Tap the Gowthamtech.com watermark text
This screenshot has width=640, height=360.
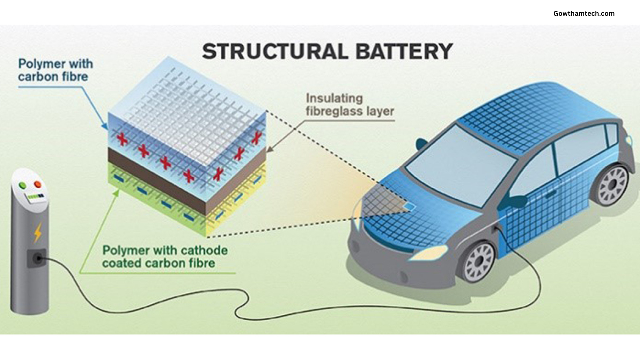coord(584,13)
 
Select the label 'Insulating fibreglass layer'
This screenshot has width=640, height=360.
coord(349,104)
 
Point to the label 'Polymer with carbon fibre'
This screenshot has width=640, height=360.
coord(55,70)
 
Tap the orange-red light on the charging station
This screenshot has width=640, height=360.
coord(37,185)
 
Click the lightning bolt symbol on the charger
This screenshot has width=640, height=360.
coord(38,232)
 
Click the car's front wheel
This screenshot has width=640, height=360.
coord(478,261)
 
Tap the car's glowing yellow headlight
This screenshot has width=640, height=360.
coord(429,252)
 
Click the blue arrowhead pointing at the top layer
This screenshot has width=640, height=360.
coord(105,126)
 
